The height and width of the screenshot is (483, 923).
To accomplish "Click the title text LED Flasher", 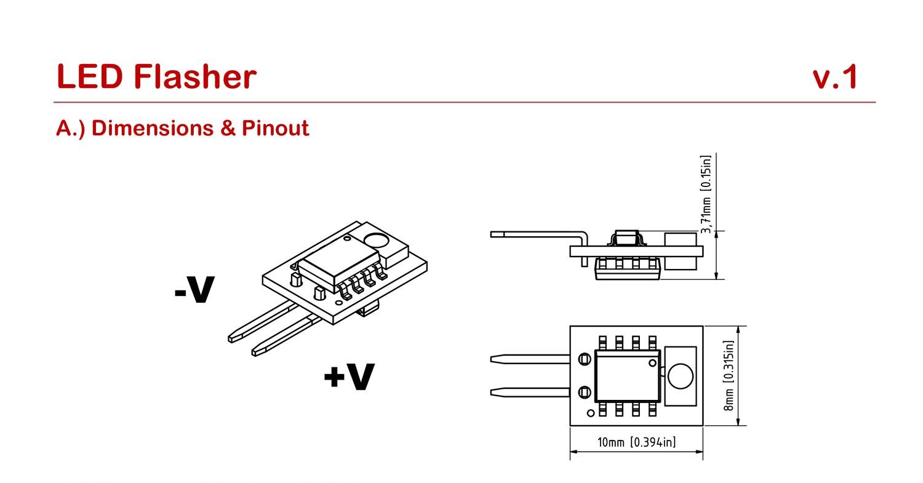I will [156, 77].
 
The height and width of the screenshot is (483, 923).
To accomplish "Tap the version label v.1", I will [835, 78].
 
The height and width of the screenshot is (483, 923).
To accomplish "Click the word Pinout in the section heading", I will [275, 128].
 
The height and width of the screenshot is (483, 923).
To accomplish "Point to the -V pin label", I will [194, 290].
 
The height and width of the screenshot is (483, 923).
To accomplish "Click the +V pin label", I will [348, 377].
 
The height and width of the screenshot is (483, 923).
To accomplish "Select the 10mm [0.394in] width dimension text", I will [636, 442].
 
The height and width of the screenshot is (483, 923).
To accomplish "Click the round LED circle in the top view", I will [680, 376].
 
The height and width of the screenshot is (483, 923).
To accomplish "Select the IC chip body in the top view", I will [626, 377].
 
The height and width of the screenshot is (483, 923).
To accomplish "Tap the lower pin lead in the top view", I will [529, 392].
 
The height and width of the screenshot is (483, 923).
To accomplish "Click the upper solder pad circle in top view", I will [585, 359].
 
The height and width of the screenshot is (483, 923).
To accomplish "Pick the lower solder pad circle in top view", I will [585, 392].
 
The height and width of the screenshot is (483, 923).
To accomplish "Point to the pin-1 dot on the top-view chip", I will [652, 363].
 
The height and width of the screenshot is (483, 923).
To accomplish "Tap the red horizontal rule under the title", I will [465, 102].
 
